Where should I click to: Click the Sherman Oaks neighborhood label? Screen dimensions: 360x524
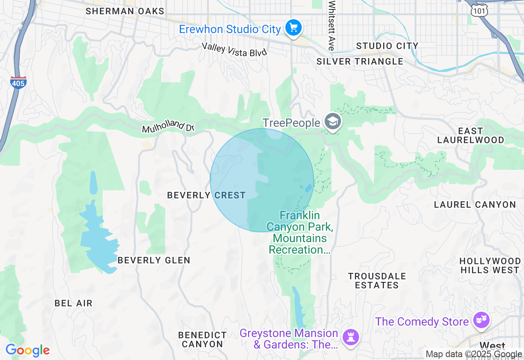click(x=125, y=11)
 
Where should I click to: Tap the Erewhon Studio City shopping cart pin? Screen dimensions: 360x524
click(x=294, y=28)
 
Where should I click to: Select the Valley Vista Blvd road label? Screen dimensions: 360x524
click(x=234, y=49)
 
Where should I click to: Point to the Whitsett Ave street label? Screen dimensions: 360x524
click(x=332, y=25)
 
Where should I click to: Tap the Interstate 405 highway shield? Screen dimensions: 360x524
click(x=18, y=82)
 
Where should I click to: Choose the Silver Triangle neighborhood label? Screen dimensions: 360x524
click(x=360, y=61)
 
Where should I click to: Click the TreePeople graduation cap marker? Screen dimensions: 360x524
click(x=333, y=122)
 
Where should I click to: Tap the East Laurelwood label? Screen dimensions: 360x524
click(x=470, y=135)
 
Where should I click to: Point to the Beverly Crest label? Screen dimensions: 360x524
click(x=206, y=195)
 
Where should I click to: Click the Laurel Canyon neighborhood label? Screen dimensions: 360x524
click(x=475, y=205)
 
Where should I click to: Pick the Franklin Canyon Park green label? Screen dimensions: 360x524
click(x=300, y=232)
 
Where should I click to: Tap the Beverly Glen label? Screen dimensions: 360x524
click(x=154, y=260)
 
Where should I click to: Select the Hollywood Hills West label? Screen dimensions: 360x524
click(x=490, y=265)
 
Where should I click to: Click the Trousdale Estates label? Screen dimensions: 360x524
click(x=377, y=281)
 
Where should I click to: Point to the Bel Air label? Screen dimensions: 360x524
click(x=74, y=303)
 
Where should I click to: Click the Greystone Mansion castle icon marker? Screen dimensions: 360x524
click(x=351, y=337)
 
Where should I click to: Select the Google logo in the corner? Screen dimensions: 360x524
click(x=27, y=351)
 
